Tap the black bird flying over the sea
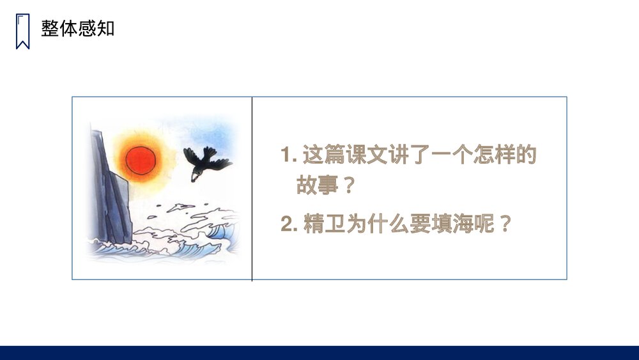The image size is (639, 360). [x=205, y=160]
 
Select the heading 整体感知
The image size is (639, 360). [x=78, y=29]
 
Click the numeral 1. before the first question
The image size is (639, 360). [x=289, y=155]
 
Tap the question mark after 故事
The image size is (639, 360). [x=348, y=186]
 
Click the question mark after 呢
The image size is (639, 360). [x=505, y=225]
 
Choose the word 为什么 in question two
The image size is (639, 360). [x=378, y=225]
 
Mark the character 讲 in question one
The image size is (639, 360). [x=403, y=155]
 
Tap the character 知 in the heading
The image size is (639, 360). [x=106, y=29]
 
